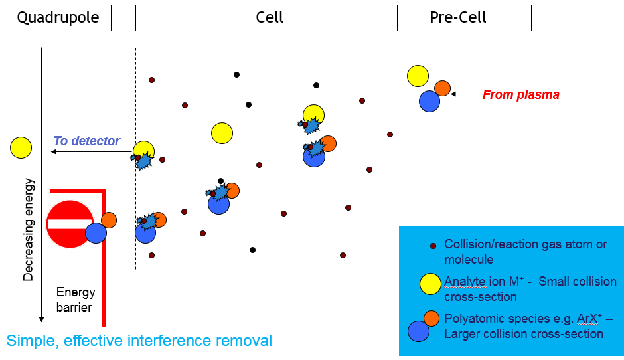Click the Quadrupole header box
point(60,18)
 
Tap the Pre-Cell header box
point(477,18)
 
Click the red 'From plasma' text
point(520,95)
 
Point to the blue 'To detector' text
point(86,141)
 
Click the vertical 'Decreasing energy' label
point(29,229)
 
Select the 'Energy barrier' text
point(76,300)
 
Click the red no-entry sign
point(70,224)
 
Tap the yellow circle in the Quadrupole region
point(21,147)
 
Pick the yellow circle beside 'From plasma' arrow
point(418,76)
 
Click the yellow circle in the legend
point(431,284)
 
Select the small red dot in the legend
point(433,246)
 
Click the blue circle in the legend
point(418,331)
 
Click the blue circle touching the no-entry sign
point(96,233)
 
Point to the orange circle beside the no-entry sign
point(109,220)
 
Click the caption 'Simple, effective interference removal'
point(139,341)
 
